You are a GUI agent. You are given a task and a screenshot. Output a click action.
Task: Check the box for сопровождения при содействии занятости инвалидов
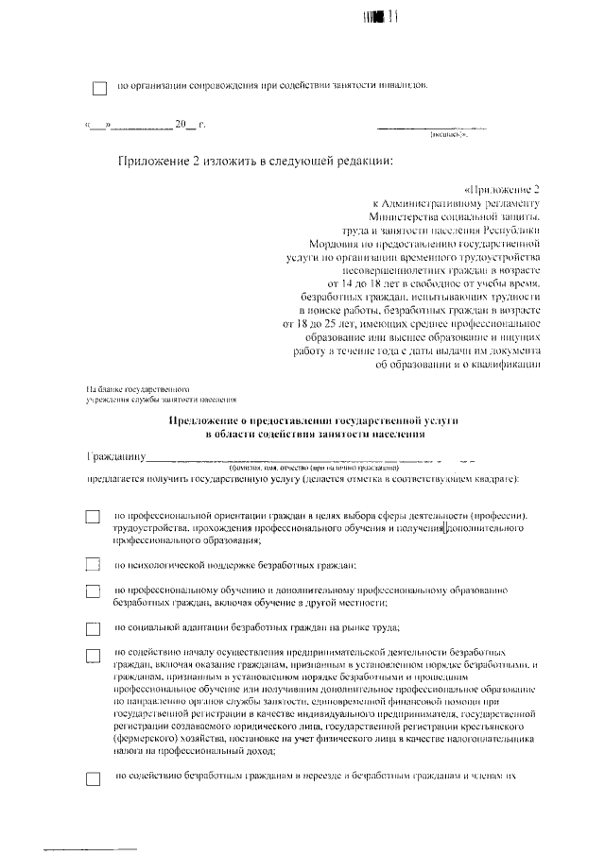click(x=99, y=88)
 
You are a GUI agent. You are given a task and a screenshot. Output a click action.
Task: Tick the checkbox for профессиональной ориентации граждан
click(x=93, y=518)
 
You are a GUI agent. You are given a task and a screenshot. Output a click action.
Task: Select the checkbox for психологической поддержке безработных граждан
click(x=93, y=565)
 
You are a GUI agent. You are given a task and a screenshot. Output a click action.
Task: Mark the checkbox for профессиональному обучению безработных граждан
click(x=93, y=591)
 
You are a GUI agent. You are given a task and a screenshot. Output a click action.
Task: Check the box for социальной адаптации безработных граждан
click(x=93, y=628)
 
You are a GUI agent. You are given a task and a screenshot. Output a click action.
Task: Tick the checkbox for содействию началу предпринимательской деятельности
click(x=93, y=655)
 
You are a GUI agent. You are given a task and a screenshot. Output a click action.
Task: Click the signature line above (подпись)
click(x=432, y=127)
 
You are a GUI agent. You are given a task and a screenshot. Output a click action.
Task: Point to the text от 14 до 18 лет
click(x=364, y=282)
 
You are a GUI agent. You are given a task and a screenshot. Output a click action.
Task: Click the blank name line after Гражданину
click(x=312, y=460)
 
